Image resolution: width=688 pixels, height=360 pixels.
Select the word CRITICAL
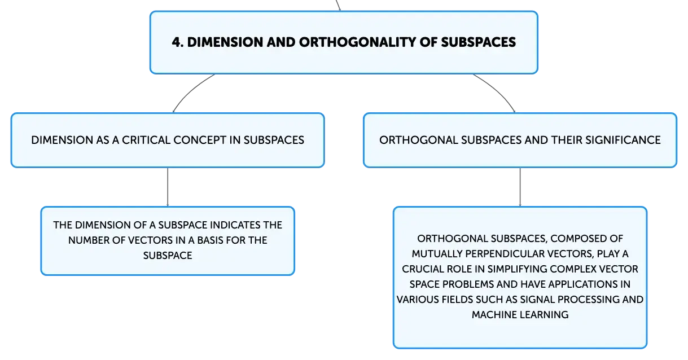(x=146, y=140)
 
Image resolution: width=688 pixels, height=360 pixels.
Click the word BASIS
(x=210, y=240)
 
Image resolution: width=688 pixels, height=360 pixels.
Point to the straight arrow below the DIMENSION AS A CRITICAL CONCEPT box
(x=168, y=187)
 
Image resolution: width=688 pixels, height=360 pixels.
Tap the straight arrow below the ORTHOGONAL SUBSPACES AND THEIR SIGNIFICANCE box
(x=520, y=187)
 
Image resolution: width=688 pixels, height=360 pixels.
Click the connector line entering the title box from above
(x=338, y=5)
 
